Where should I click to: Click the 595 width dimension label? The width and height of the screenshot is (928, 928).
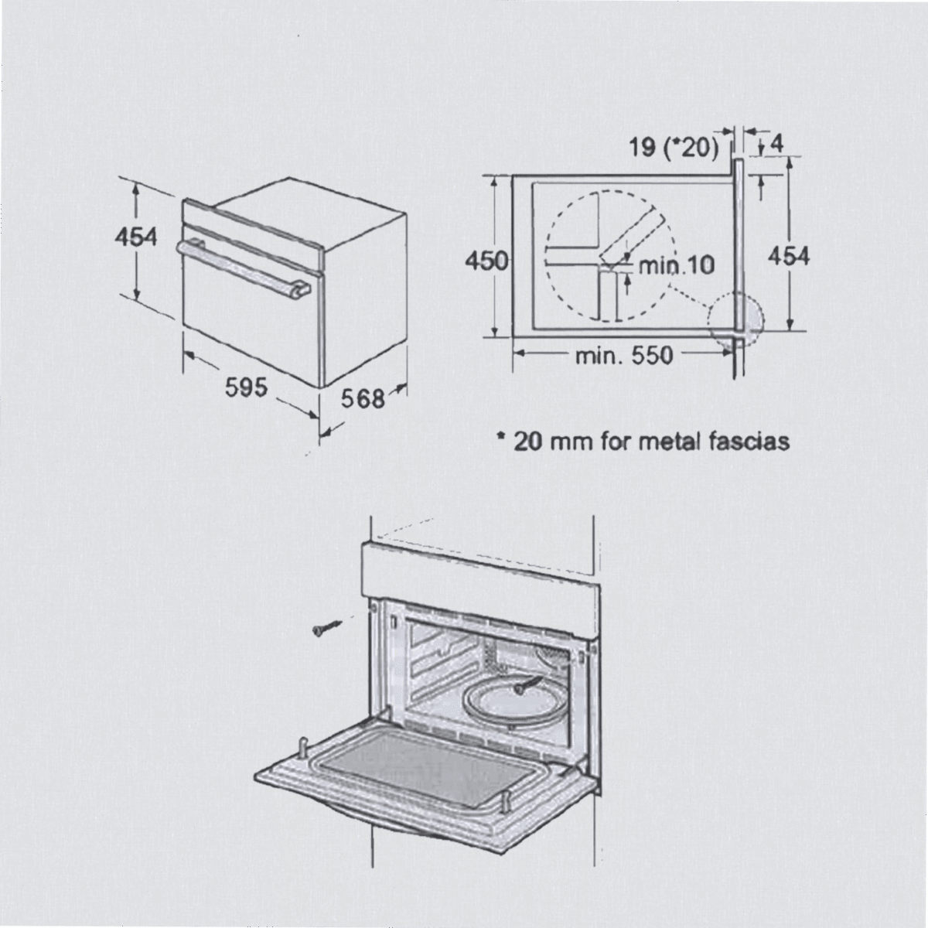(246, 387)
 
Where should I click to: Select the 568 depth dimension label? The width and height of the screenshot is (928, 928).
(363, 397)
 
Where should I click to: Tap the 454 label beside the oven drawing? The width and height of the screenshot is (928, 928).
(136, 237)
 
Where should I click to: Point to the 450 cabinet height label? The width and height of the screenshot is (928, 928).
(486, 261)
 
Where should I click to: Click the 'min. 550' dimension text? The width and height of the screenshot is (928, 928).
(624, 356)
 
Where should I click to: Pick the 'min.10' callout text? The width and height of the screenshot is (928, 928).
(676, 265)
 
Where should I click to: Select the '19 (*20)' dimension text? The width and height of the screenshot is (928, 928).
(674, 148)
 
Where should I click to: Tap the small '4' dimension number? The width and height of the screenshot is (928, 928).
(776, 144)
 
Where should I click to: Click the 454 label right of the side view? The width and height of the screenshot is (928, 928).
(788, 256)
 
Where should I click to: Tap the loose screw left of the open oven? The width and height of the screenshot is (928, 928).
(327, 628)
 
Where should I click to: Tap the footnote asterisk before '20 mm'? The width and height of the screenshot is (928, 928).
(501, 436)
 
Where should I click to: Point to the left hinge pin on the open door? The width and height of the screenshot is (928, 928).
(304, 748)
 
